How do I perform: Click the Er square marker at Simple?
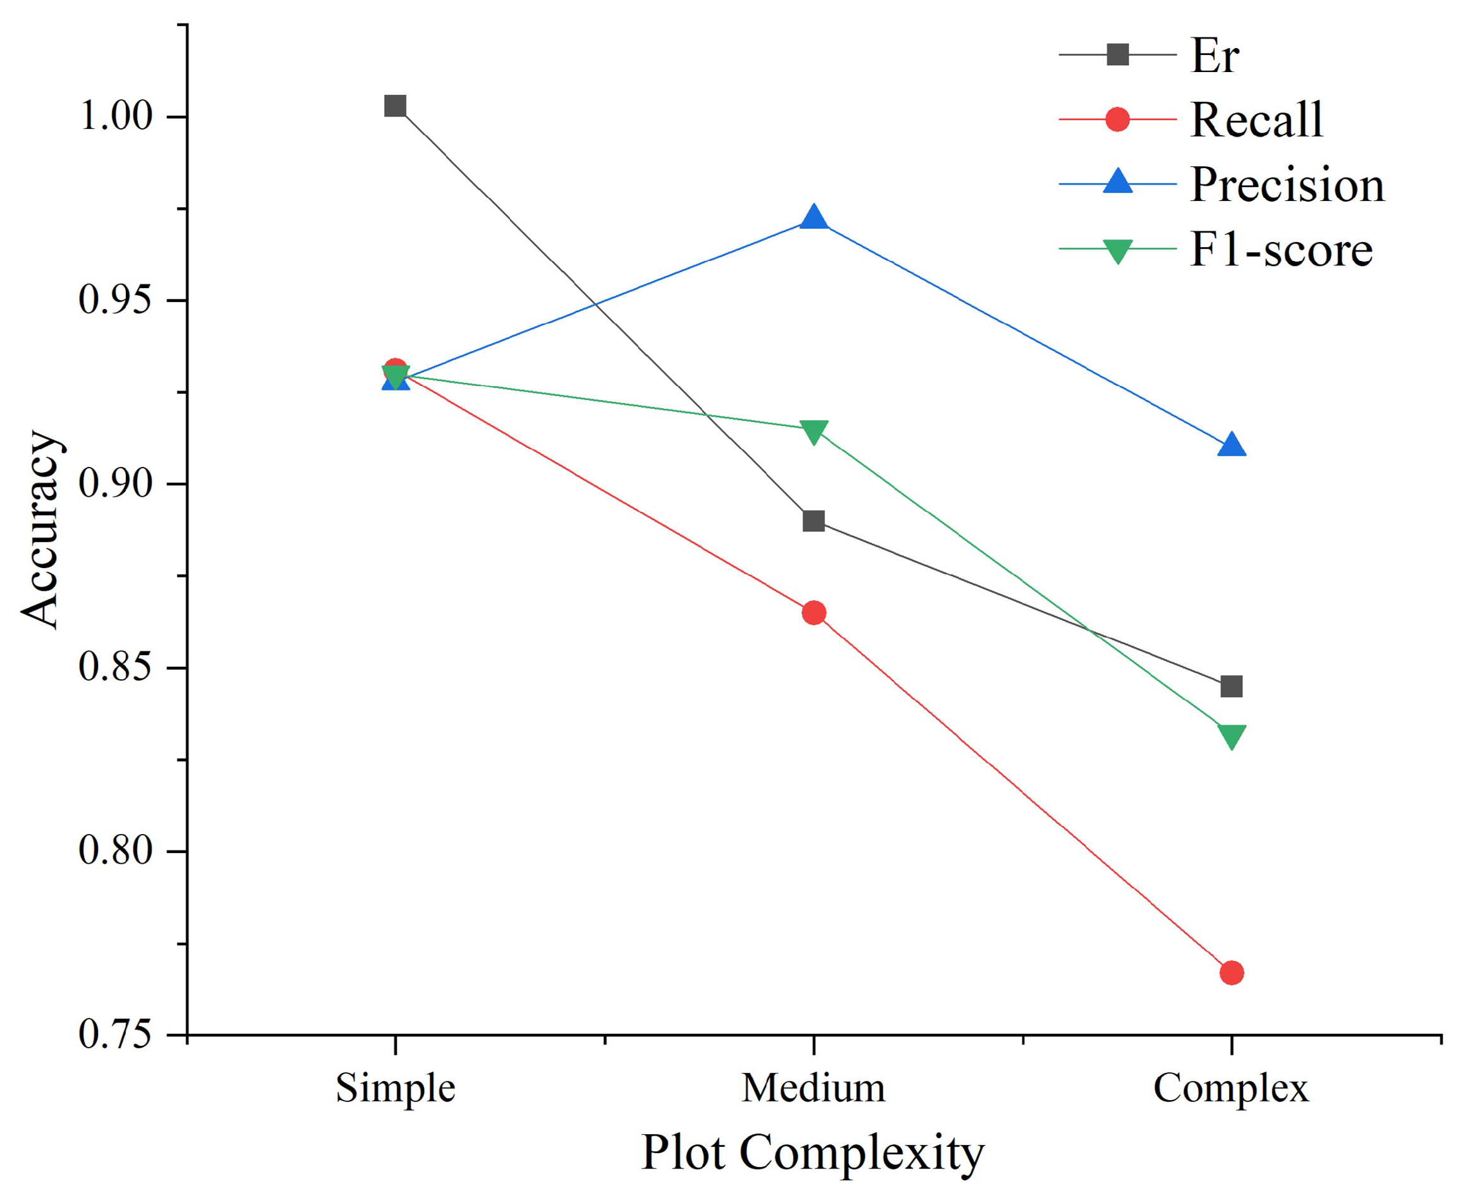[395, 106]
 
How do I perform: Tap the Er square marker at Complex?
[1231, 687]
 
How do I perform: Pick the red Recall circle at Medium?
[814, 613]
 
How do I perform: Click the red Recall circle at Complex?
[1231, 973]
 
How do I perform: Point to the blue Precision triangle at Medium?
[814, 218]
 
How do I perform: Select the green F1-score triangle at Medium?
[814, 432]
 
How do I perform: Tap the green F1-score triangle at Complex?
[1231, 735]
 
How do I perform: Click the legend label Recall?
[1256, 120]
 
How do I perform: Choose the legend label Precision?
[1287, 185]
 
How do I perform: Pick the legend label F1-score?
[1281, 249]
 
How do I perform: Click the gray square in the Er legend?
[1117, 54]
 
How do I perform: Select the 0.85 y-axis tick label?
[115, 667]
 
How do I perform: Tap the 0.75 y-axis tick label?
[115, 1035]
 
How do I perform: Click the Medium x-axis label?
[813, 1088]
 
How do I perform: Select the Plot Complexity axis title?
[812, 1153]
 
